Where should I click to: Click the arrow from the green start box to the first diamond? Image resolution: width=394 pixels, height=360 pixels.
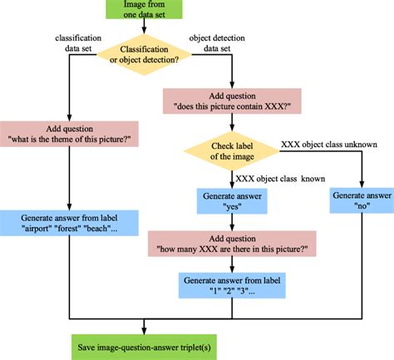[145, 30]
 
